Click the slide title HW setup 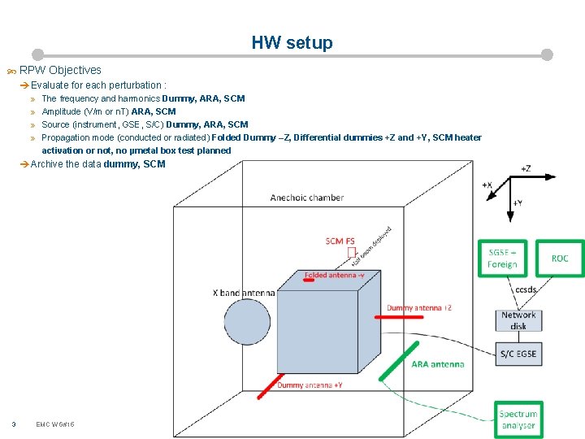pyautogui.click(x=292, y=43)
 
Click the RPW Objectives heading pyautogui.click(x=60, y=70)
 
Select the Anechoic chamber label pyautogui.click(x=307, y=198)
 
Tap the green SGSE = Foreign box pyautogui.click(x=502, y=259)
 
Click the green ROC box pyautogui.click(x=560, y=259)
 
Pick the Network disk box pyautogui.click(x=518, y=320)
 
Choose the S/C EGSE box pyautogui.click(x=518, y=354)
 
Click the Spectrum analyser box pyautogui.click(x=518, y=419)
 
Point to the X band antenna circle pyautogui.click(x=247, y=322)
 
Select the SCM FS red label pyautogui.click(x=340, y=241)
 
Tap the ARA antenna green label pyautogui.click(x=437, y=364)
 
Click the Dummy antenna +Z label pyautogui.click(x=419, y=308)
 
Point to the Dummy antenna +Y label pyautogui.click(x=310, y=385)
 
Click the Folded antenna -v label pyautogui.click(x=334, y=276)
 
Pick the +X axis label pyautogui.click(x=487, y=185)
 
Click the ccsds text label pyautogui.click(x=526, y=289)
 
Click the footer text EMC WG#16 pyautogui.click(x=55, y=424)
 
